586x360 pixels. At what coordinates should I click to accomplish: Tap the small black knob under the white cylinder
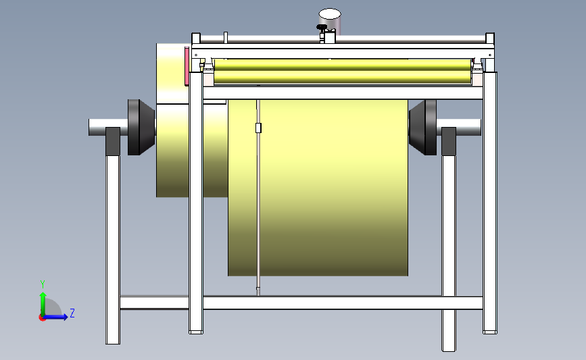pos(323,28)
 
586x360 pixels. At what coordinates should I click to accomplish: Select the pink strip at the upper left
pos(187,66)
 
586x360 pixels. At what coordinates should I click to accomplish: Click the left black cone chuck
pos(141,126)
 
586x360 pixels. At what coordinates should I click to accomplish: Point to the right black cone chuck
pos(424,126)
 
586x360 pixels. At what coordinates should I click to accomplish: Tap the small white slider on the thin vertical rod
pos(258,128)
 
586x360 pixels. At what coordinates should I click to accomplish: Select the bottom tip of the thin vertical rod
pos(258,292)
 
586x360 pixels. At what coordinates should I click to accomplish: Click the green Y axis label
pos(42,284)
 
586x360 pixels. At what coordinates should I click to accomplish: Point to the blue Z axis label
pos(72,313)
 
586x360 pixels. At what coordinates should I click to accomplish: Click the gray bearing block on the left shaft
pos(113,140)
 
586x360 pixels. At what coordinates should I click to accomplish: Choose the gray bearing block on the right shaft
pos(448,140)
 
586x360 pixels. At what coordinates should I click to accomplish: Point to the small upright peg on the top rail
pos(226,36)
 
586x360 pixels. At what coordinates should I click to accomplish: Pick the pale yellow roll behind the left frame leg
pos(172,149)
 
